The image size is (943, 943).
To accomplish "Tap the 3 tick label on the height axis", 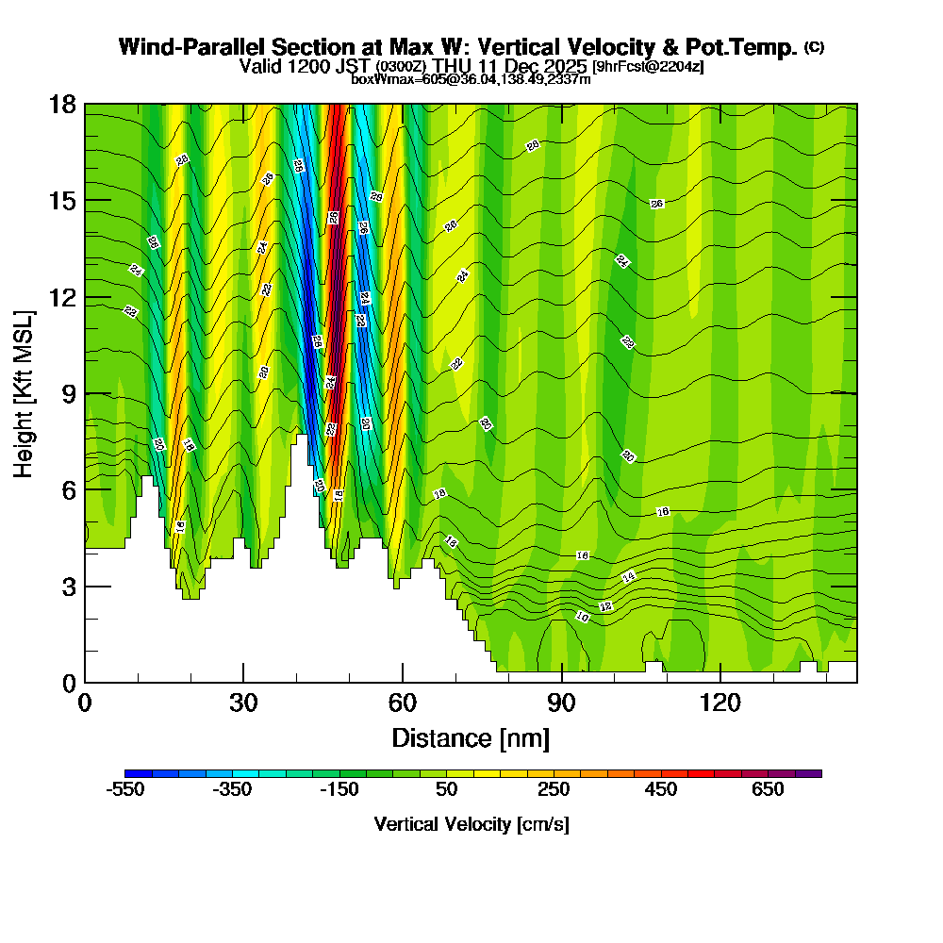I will click(68, 586).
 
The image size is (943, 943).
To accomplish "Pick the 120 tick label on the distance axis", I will click(720, 703).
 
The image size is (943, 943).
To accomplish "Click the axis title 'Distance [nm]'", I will click(471, 736).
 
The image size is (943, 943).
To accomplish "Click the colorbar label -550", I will click(125, 789).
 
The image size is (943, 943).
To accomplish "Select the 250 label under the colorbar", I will click(554, 789).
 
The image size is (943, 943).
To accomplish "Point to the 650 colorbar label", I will click(768, 789).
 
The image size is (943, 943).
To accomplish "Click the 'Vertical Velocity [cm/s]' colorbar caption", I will click(471, 824).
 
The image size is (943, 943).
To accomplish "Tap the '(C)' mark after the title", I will click(814, 47).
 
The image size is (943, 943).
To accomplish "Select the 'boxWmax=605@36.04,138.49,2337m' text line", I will click(471, 79).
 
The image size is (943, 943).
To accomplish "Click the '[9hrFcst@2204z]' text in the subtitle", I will click(648, 67).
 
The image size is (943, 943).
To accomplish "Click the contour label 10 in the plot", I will click(583, 617).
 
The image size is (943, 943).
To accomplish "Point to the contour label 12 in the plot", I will click(606, 606).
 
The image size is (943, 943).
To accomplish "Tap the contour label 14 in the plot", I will click(629, 576).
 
